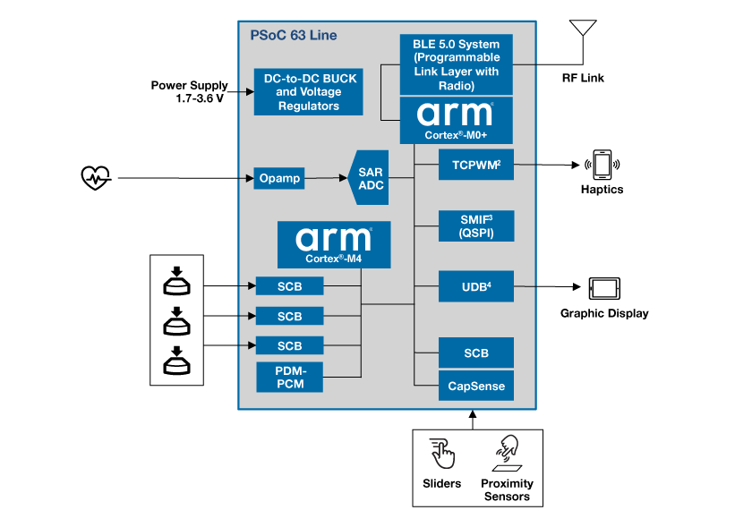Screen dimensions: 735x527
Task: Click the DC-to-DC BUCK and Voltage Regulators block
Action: [309, 92]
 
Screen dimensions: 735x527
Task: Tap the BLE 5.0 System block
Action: [456, 64]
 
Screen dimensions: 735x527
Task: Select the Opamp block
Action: [279, 178]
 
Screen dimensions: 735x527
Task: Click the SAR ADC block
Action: [369, 177]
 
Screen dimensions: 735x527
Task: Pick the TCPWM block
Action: [476, 165]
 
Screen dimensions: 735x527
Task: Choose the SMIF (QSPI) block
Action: [476, 226]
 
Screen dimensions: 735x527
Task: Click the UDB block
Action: [476, 286]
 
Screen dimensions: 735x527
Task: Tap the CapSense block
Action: [476, 386]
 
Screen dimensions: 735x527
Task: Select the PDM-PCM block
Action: [290, 377]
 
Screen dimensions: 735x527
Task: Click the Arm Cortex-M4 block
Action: [334, 244]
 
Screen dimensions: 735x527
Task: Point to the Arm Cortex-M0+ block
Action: [456, 121]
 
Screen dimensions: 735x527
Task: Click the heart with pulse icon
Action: [96, 178]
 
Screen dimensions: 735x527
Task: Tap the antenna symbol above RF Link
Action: [583, 28]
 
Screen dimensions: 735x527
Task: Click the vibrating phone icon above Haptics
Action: [603, 165]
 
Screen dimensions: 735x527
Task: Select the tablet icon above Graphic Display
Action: [604, 288]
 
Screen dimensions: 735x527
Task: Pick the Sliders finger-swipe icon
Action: [442, 454]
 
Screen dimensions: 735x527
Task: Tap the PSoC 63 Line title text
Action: [294, 36]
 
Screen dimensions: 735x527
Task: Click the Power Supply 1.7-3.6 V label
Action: [190, 92]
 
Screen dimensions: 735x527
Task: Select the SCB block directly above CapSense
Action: [476, 353]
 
